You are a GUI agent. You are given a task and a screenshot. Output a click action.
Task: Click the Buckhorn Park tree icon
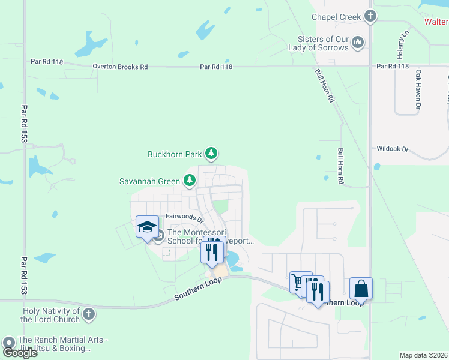(x=211, y=154)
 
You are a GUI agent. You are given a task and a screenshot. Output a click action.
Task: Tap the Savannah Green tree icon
(x=190, y=180)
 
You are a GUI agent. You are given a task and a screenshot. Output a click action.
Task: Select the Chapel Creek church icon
(x=370, y=16)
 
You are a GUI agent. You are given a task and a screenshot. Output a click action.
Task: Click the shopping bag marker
(x=361, y=289)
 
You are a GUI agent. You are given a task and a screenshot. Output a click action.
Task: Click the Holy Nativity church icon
(x=89, y=314)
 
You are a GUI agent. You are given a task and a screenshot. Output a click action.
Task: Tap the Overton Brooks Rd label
(x=120, y=67)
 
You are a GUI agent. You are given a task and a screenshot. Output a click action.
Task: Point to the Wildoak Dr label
(x=392, y=148)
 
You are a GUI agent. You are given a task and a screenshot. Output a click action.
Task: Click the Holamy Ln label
(x=406, y=41)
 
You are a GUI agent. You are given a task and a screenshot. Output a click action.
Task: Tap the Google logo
(x=19, y=353)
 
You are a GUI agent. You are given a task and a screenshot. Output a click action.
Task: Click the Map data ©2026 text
(x=423, y=355)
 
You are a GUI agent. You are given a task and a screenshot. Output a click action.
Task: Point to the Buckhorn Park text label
(x=175, y=154)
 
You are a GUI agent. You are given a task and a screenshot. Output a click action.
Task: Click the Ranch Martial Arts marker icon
(x=9, y=343)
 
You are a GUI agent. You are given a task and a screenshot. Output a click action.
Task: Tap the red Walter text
(x=436, y=22)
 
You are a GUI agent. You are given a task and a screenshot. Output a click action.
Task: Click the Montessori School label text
(x=204, y=237)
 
